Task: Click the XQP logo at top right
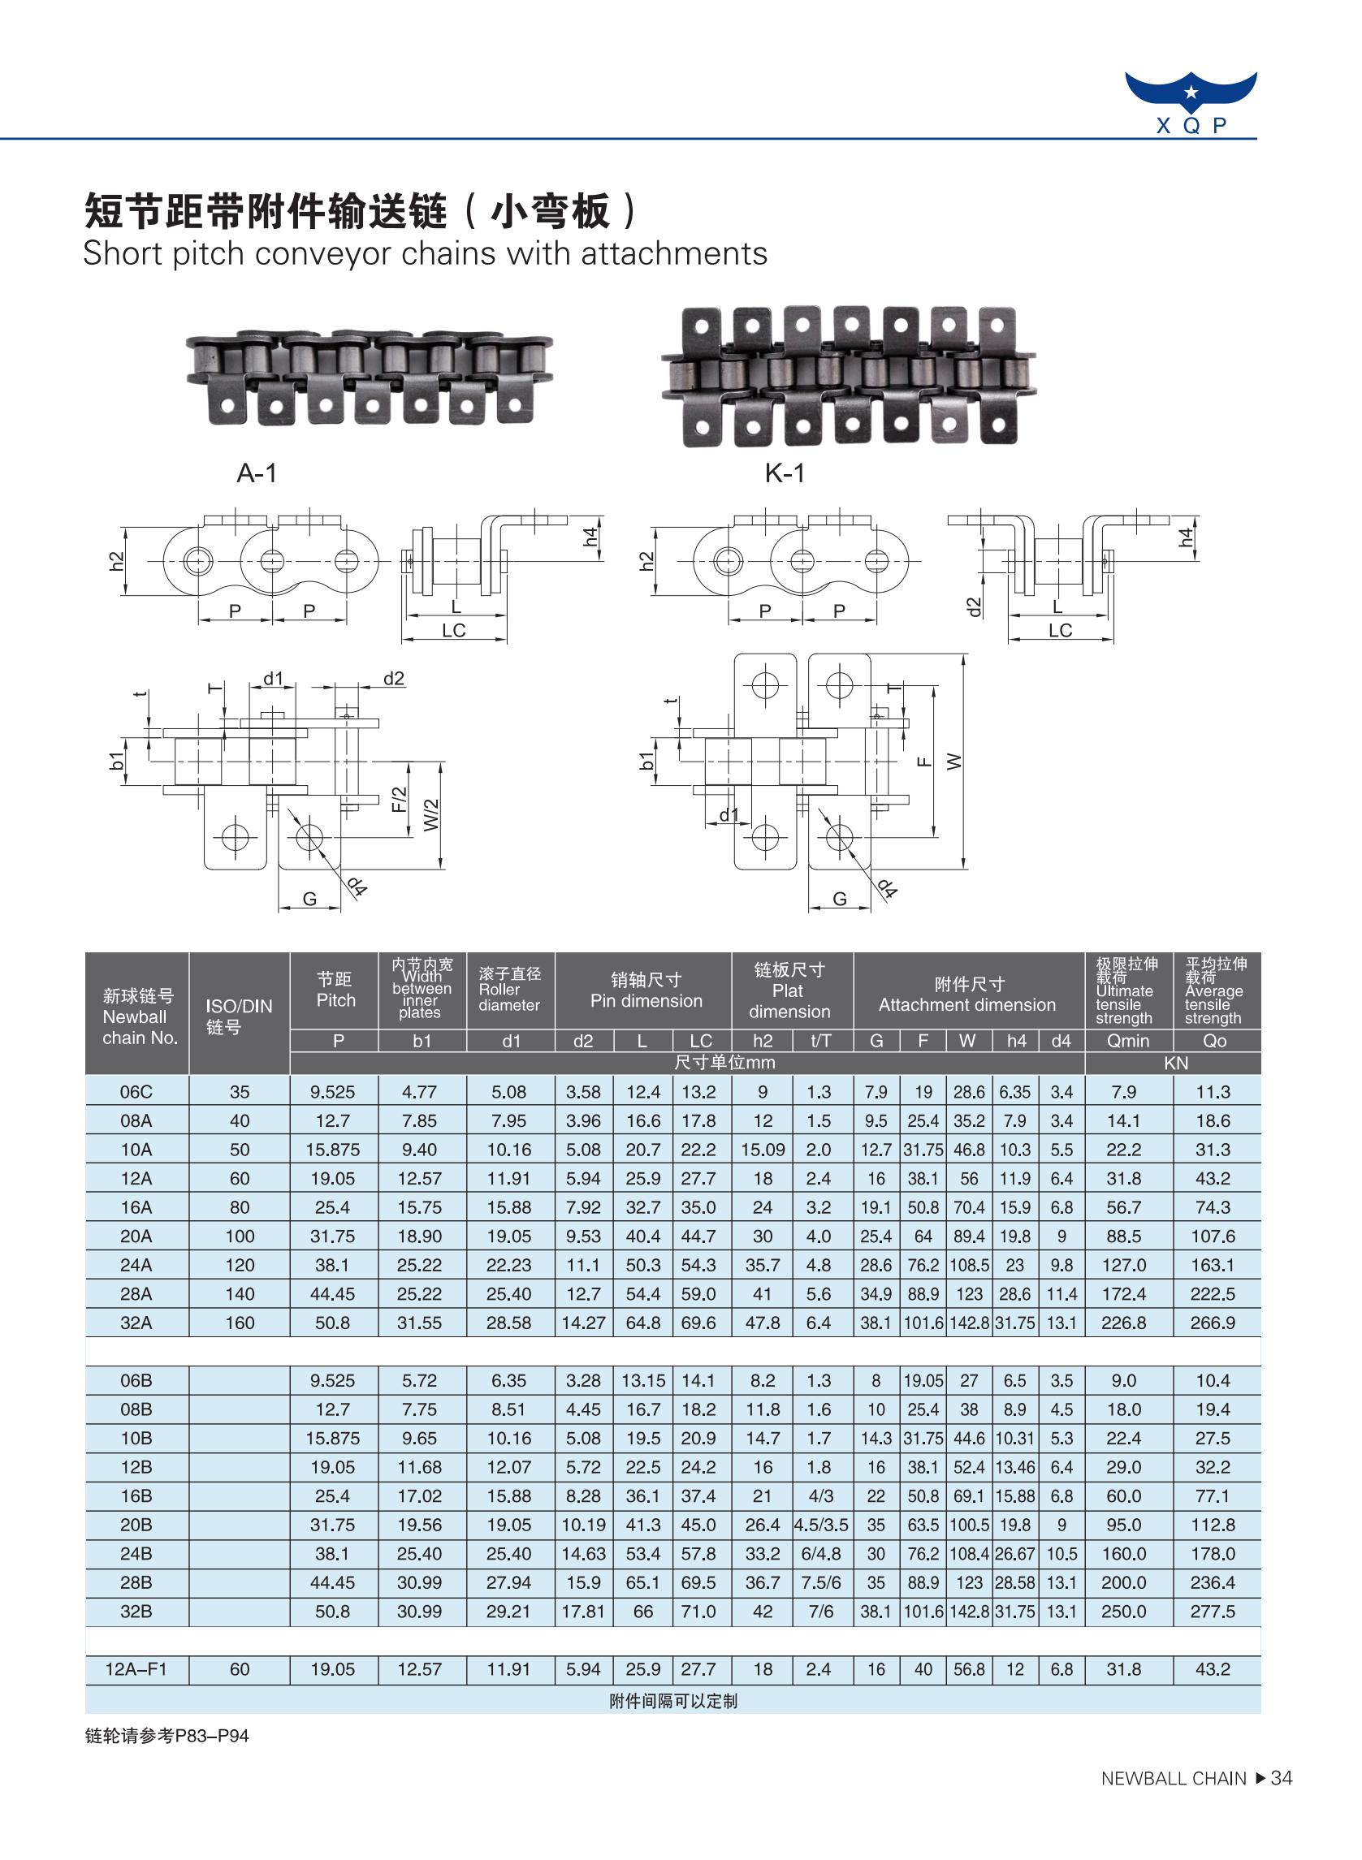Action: click(1191, 102)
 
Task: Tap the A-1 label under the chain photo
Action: click(257, 473)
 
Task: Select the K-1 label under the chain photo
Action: click(784, 473)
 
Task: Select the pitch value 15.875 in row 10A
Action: click(333, 1150)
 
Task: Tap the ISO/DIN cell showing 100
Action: click(239, 1236)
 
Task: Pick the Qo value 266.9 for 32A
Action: click(1213, 1323)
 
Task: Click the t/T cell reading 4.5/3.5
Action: click(821, 1525)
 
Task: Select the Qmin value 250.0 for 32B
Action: click(1124, 1611)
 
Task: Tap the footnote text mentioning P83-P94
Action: click(166, 1737)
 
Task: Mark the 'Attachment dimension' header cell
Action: click(967, 994)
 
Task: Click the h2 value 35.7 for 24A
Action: click(763, 1265)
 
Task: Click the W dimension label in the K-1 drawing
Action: click(955, 762)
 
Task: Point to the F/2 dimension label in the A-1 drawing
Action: click(399, 799)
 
